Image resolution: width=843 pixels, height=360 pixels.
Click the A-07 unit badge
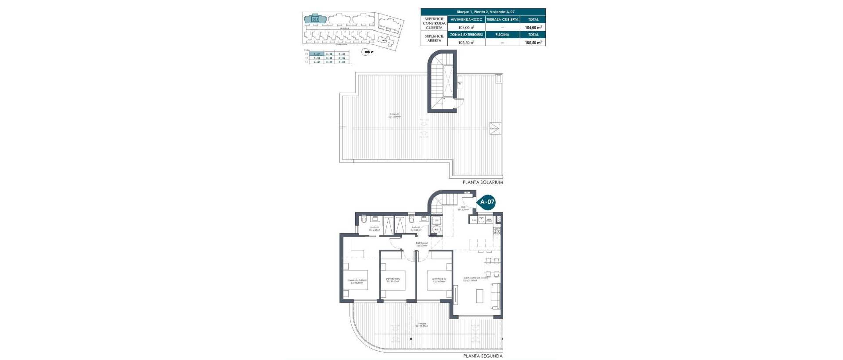tap(487, 202)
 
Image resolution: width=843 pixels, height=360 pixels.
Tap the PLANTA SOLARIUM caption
tap(483, 182)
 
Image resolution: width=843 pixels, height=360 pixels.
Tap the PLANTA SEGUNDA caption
tap(483, 356)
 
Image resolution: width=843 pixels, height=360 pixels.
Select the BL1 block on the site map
tap(315, 19)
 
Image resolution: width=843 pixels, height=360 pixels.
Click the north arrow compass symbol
tap(365, 52)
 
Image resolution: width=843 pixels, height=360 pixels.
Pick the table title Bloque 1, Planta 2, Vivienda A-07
tap(483, 12)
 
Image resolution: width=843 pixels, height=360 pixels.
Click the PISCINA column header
tap(502, 35)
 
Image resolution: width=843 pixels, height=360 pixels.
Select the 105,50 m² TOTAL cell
tap(533, 43)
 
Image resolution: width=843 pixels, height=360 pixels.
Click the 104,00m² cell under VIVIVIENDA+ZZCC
tap(466, 27)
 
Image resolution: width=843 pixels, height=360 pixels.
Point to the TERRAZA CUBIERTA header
tap(502, 19)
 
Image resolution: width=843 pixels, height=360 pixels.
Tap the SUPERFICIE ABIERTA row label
tap(434, 39)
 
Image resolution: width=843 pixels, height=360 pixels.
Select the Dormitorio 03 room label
tap(439, 280)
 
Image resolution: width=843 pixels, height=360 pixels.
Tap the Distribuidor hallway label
tap(422, 244)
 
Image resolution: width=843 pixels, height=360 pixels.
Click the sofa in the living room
tap(495, 295)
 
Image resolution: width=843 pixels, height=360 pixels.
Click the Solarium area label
tap(395, 115)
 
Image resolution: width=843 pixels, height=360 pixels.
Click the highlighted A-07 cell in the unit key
tap(317, 54)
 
